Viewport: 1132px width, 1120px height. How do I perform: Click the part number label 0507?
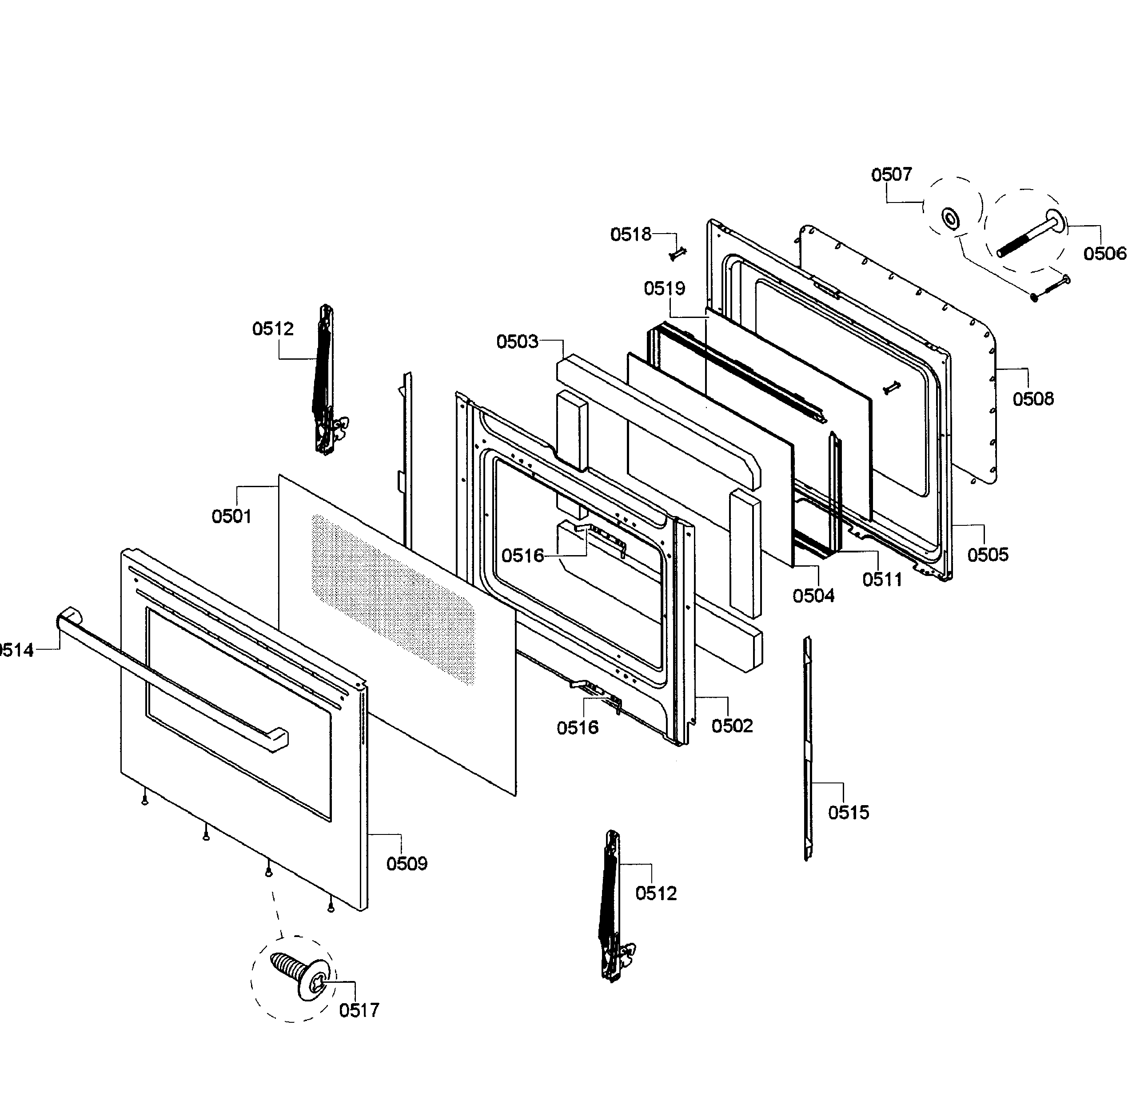tap(891, 175)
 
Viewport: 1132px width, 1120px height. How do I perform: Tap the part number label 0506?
tap(1104, 254)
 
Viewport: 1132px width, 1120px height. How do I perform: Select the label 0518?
tap(630, 234)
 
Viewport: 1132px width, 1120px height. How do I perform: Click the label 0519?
tap(665, 288)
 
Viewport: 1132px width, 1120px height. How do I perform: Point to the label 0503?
tap(517, 342)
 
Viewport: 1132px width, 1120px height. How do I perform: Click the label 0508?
tap(1033, 399)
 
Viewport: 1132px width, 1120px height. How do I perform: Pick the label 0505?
tap(987, 554)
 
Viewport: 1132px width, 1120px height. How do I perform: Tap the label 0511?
tap(882, 580)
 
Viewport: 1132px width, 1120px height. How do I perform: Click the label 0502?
tap(732, 726)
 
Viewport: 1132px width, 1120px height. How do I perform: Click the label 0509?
tap(407, 863)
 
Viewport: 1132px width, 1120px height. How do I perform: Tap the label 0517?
tap(359, 1010)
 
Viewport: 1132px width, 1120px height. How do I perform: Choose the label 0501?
tap(231, 516)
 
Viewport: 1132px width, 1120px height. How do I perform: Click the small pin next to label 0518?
tap(678, 254)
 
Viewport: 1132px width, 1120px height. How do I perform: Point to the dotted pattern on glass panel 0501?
tap(393, 597)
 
